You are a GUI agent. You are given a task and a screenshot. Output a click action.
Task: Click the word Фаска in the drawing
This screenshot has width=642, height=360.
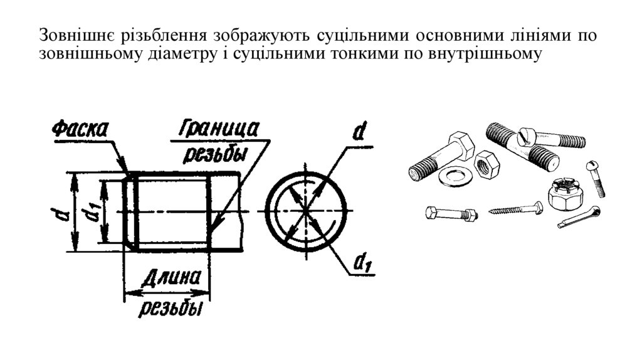80,130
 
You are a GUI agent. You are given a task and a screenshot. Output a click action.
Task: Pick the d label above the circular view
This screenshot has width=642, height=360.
359,132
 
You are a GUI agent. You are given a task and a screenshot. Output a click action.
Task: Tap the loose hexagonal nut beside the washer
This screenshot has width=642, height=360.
487,164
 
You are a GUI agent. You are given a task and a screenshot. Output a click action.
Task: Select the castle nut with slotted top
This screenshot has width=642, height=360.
563,193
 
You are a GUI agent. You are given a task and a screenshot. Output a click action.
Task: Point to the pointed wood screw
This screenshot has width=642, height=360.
517,208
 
